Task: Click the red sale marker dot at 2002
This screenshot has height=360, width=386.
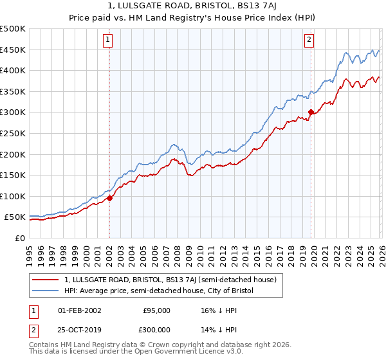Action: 109,198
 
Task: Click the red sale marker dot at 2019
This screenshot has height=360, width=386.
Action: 311,112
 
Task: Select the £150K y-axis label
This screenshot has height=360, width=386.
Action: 13,175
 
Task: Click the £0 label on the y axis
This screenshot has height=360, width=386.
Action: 21,238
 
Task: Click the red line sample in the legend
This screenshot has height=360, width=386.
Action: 47,280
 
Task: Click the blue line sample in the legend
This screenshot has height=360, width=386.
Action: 47,291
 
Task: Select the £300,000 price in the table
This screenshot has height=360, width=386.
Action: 156,330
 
